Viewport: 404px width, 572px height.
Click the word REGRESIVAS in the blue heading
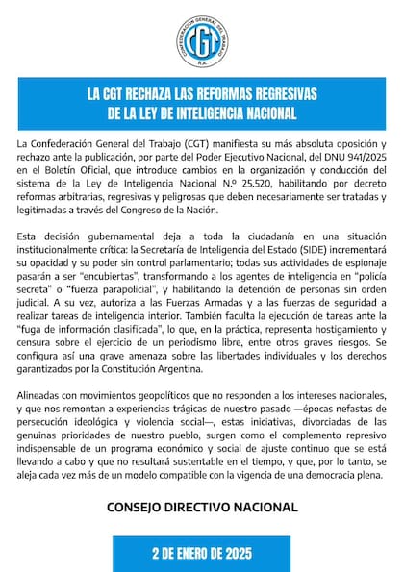(x=288, y=94)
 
